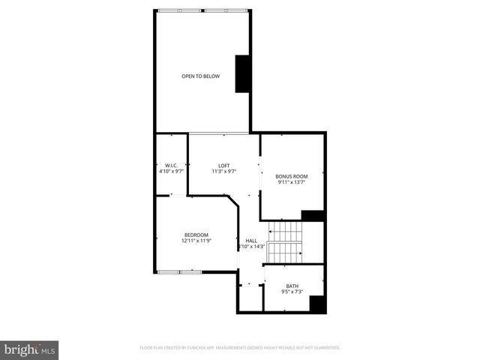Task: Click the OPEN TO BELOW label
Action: (x=201, y=76)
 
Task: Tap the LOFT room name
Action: (x=224, y=166)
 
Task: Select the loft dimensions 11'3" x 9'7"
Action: (x=224, y=172)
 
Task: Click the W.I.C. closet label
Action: (x=171, y=166)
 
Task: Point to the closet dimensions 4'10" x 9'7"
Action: (x=171, y=172)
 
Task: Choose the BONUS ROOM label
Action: (x=292, y=175)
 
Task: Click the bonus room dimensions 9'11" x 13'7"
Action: (x=292, y=181)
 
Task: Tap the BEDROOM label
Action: (x=196, y=235)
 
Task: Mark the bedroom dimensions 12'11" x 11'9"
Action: (x=196, y=241)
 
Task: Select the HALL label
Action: (x=251, y=241)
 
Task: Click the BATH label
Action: (x=292, y=286)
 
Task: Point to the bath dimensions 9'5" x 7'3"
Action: (x=292, y=292)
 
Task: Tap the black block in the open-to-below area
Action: (x=243, y=74)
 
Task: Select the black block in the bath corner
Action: (x=316, y=304)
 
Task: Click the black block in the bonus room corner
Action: (x=312, y=215)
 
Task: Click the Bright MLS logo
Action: (x=30, y=349)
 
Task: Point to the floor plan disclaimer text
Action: (x=240, y=348)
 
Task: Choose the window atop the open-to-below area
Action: (x=202, y=10)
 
